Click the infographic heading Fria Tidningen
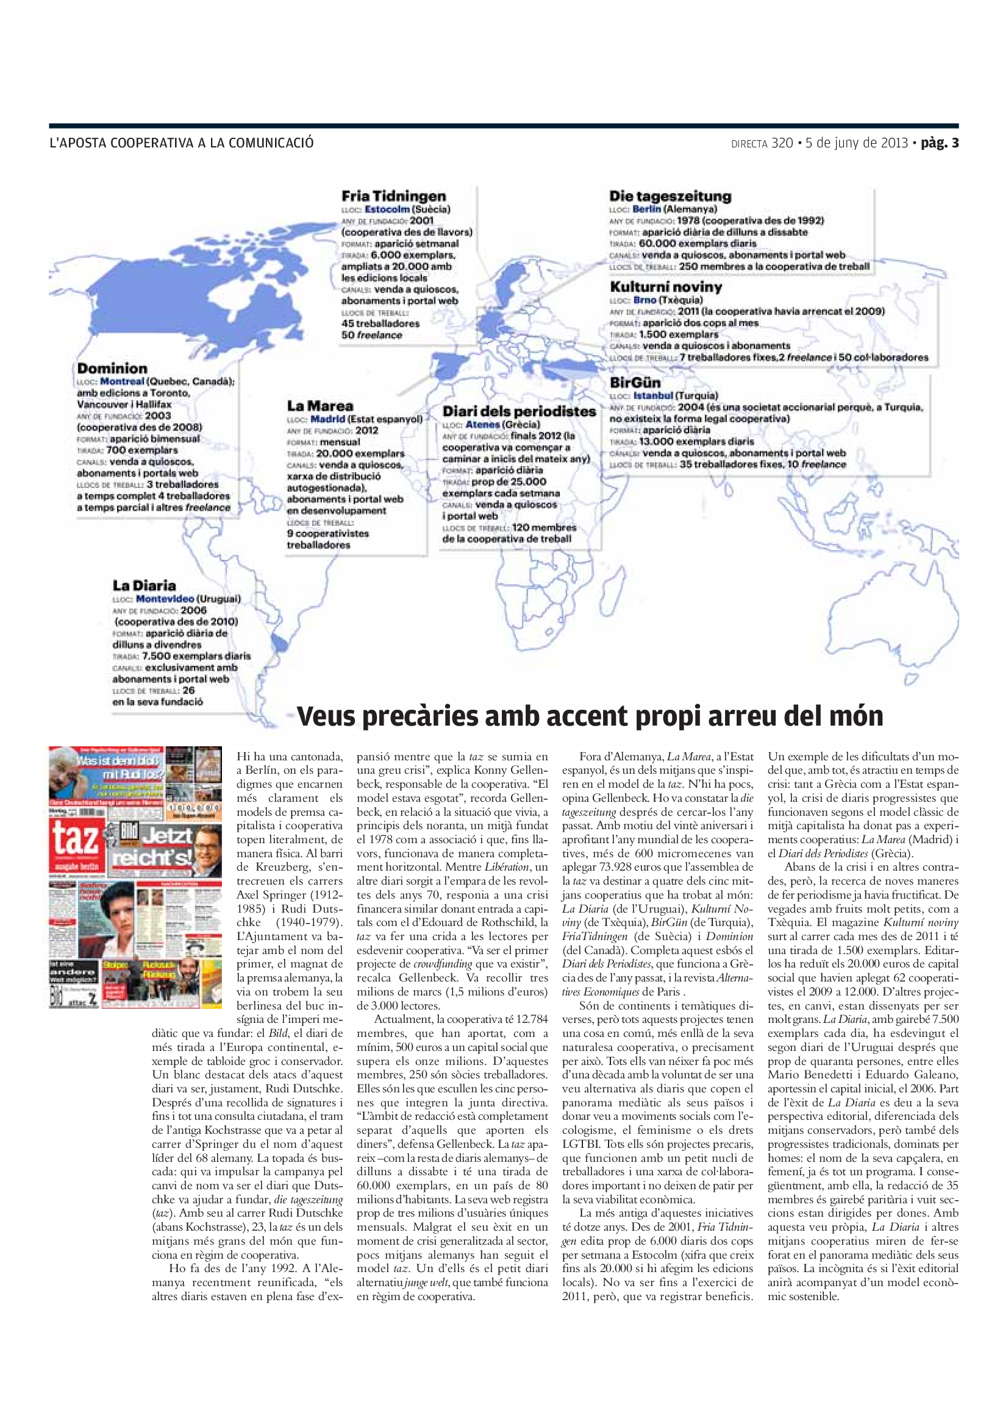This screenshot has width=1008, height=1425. pyautogui.click(x=394, y=196)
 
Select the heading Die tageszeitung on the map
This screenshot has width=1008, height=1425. pyautogui.click(x=670, y=196)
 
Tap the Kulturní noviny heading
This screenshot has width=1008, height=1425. pyautogui.click(x=666, y=287)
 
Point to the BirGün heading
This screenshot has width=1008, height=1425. pyautogui.click(x=635, y=383)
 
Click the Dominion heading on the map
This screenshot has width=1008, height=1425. pyautogui.click(x=112, y=369)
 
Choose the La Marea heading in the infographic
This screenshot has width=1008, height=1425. pyautogui.click(x=320, y=406)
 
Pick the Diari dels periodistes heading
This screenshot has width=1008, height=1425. pyautogui.click(x=518, y=411)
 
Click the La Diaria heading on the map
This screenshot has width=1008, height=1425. pyautogui.click(x=144, y=585)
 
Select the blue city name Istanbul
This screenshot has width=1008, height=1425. pyautogui.click(x=653, y=395)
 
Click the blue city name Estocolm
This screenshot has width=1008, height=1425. pyautogui.click(x=387, y=209)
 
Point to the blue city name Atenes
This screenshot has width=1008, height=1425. pyautogui.click(x=482, y=425)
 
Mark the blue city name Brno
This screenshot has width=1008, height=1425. pyautogui.click(x=645, y=300)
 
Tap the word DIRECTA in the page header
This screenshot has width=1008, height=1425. pyautogui.click(x=749, y=144)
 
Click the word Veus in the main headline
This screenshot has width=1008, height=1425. pyautogui.click(x=326, y=716)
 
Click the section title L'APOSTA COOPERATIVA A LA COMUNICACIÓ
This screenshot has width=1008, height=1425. pyautogui.click(x=181, y=143)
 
